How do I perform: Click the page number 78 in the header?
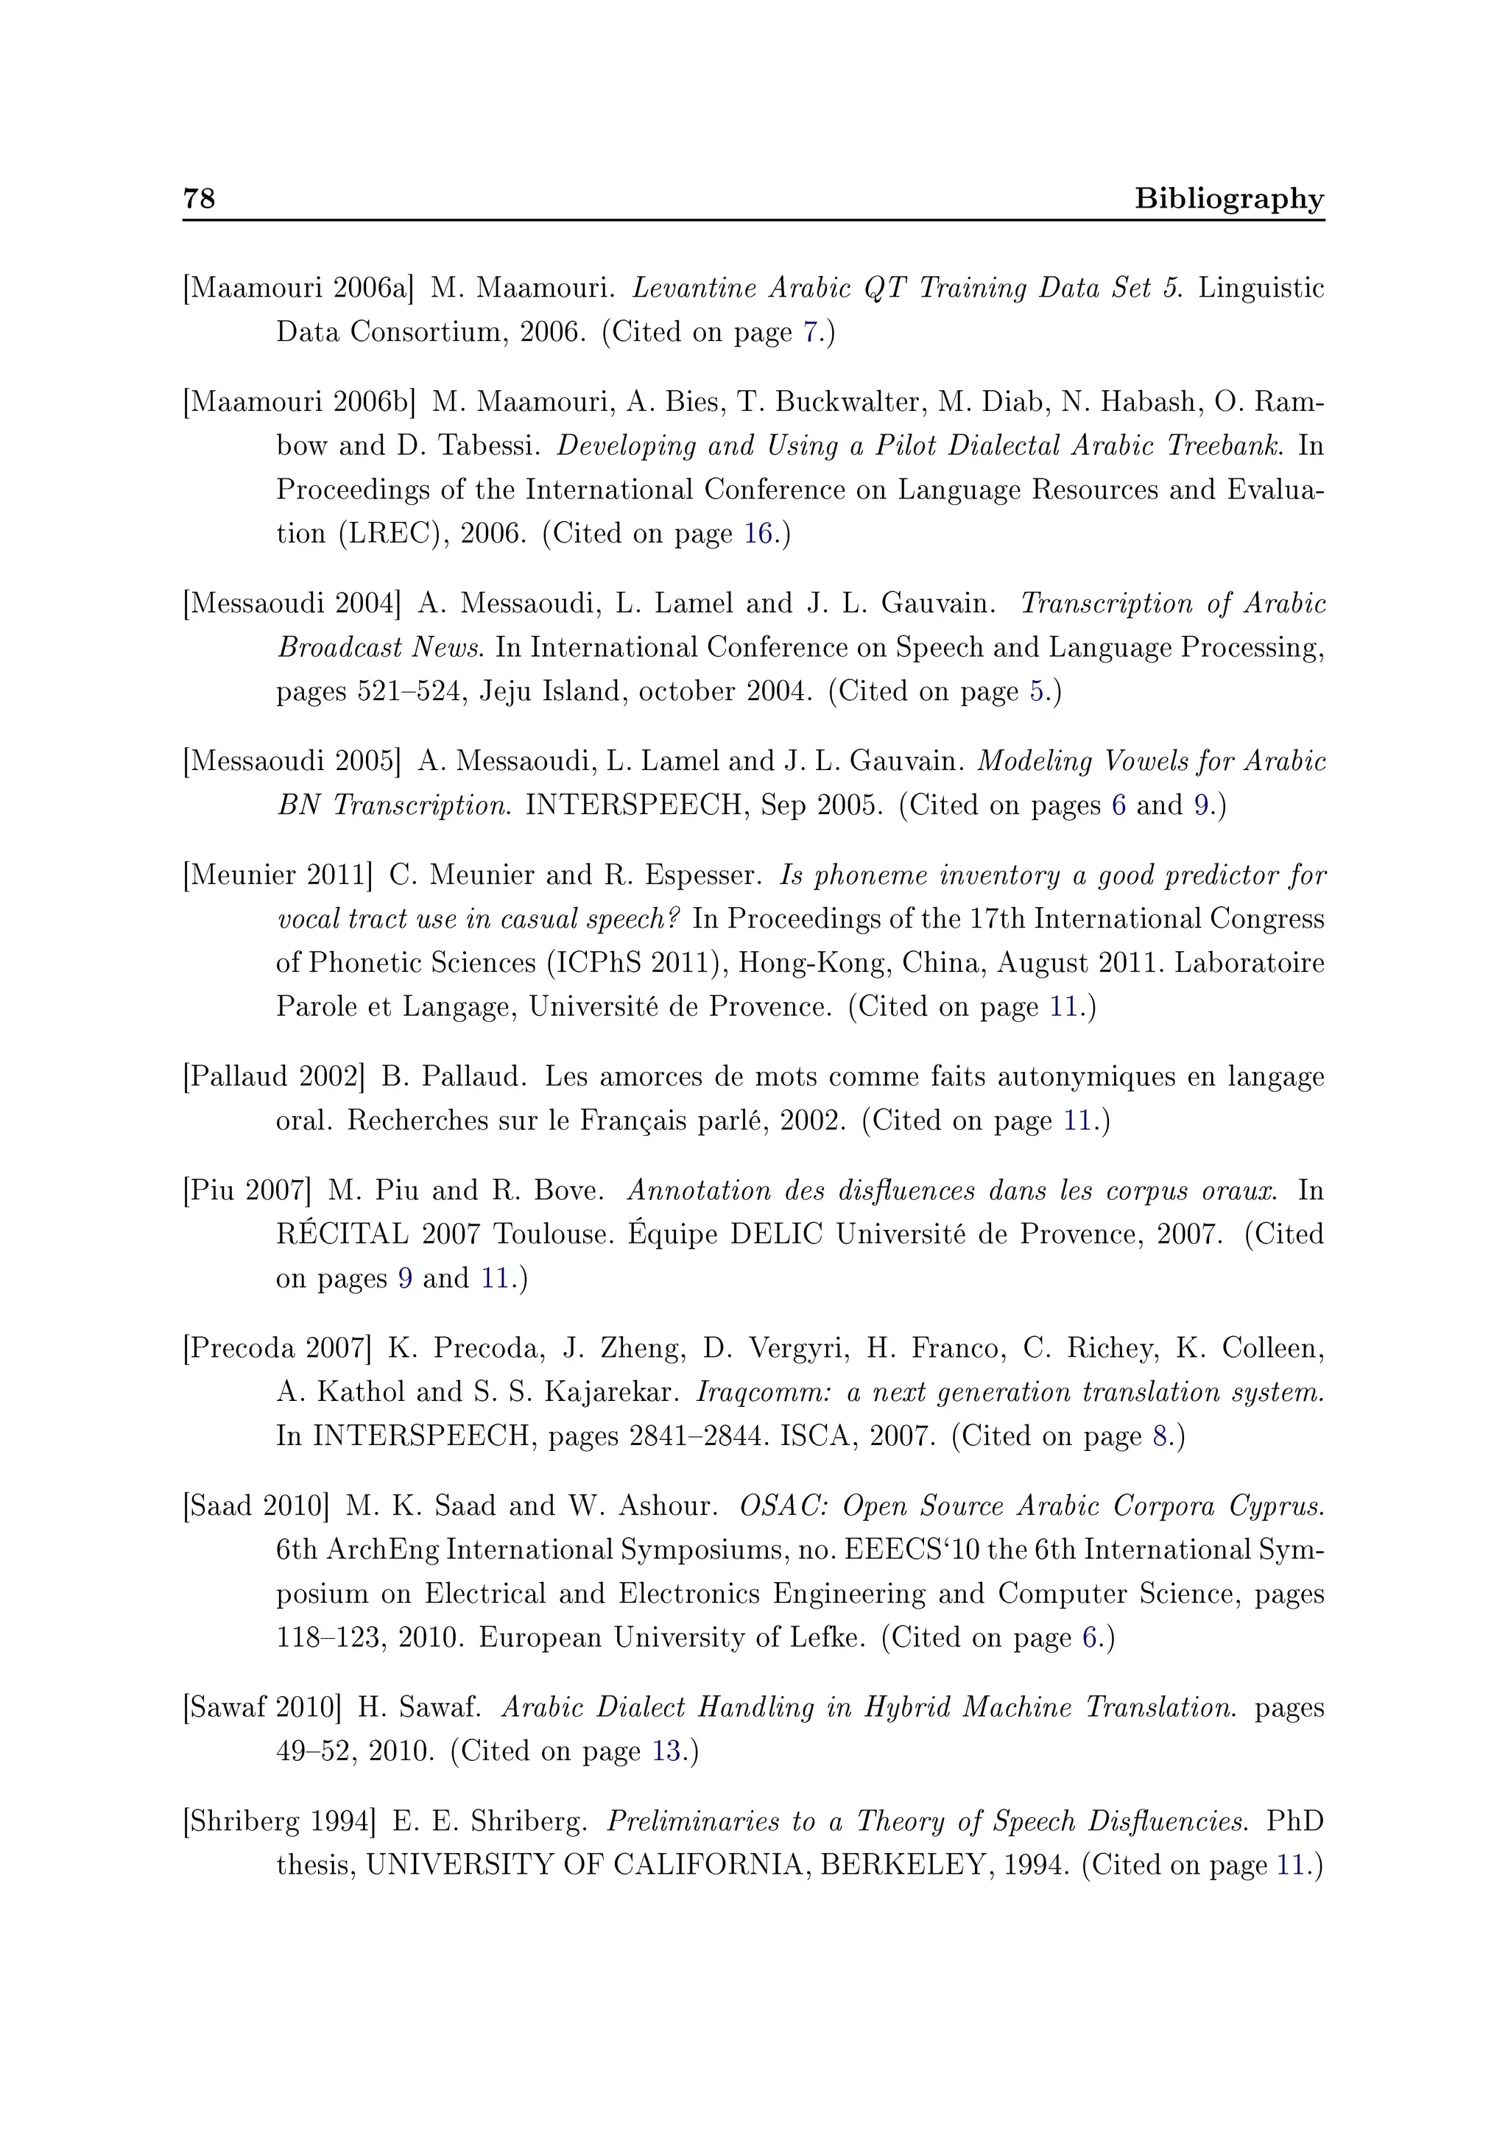point(199,198)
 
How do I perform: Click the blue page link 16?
point(758,534)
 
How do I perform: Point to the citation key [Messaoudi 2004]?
point(292,604)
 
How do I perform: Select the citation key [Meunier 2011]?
point(278,875)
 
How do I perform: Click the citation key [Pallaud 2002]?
point(274,1077)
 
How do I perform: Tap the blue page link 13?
point(666,1751)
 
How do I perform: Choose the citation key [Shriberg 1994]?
point(280,1821)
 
